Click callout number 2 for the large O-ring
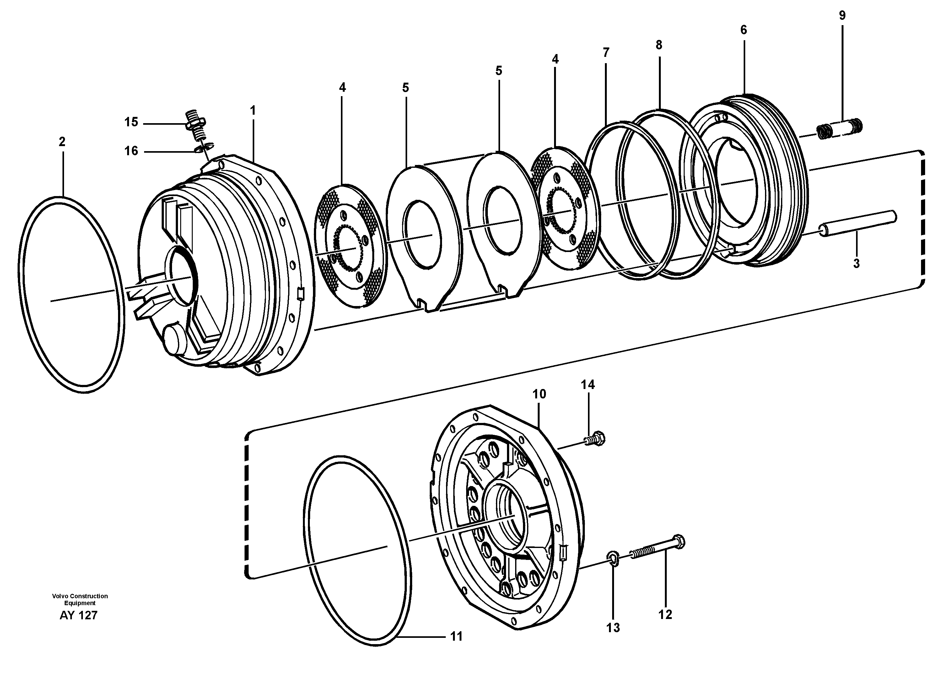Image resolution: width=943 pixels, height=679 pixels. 62,142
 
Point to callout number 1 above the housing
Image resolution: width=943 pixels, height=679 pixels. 252,111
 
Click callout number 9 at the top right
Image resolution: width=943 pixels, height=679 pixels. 842,16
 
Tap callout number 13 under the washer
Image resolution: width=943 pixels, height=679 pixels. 613,628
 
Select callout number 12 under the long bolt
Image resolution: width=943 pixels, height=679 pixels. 665,615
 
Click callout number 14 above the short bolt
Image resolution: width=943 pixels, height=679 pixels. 588,385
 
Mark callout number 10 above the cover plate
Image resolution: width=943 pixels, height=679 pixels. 539,394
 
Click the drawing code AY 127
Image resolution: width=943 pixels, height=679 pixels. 78,615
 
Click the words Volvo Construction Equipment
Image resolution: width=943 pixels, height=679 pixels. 80,600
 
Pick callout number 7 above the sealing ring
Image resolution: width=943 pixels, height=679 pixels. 606,53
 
